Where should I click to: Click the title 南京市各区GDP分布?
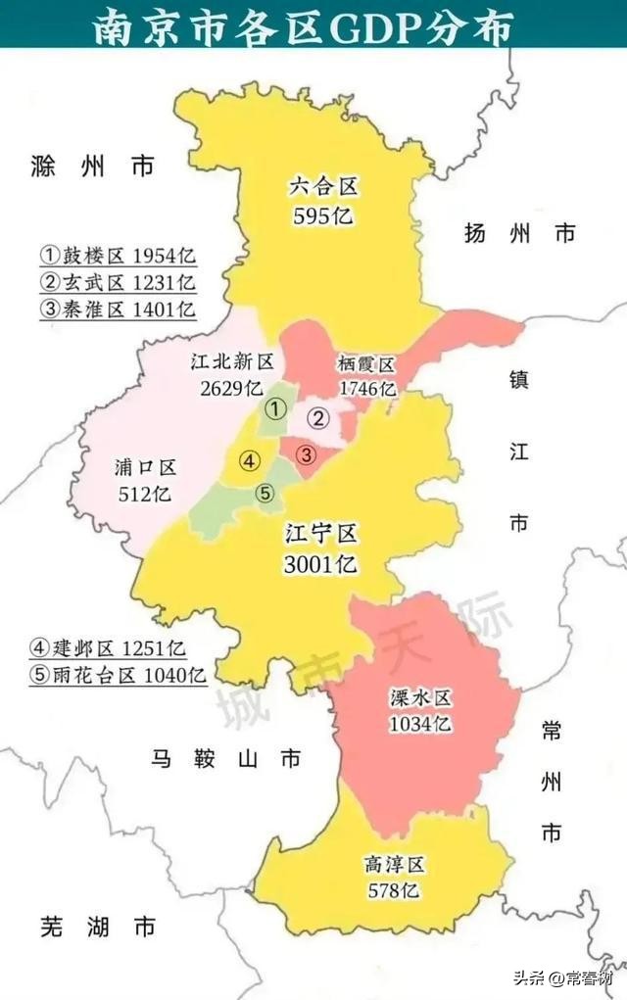click(303, 27)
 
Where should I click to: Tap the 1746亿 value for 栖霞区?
click(367, 389)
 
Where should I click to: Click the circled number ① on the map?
click(277, 407)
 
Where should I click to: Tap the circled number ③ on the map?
click(307, 454)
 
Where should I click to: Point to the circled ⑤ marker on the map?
click(265, 495)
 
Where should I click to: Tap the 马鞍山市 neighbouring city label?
click(226, 759)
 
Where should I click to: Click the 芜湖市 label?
click(98, 926)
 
